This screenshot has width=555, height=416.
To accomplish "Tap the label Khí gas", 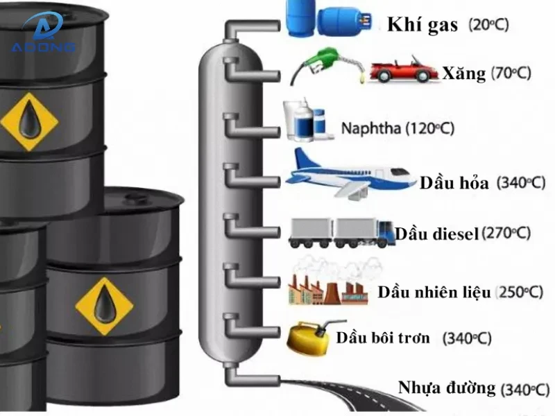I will pos(422,26).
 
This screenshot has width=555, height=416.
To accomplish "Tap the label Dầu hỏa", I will pos(454,183).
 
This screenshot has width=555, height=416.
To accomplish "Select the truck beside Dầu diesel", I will pos(340,232).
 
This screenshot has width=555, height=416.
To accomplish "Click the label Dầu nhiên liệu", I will pos(434,292).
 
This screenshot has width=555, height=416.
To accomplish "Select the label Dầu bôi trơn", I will pos(383,338).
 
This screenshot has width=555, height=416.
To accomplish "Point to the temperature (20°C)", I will pos(488,26).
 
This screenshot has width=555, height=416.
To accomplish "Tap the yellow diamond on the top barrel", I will pos(28,121).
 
